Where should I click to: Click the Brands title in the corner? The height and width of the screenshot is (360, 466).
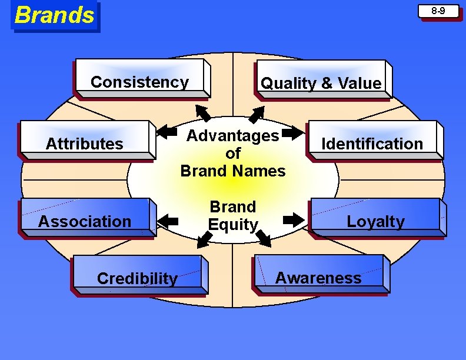55,15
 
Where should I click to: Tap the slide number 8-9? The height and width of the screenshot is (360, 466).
438,11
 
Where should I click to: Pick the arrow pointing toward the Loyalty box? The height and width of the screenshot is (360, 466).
292,220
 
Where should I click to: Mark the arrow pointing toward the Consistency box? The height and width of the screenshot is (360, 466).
204,112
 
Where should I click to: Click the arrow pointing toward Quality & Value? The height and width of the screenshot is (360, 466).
257,113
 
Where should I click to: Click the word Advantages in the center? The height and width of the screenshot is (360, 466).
233,136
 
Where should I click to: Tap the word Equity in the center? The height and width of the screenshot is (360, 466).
233,224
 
